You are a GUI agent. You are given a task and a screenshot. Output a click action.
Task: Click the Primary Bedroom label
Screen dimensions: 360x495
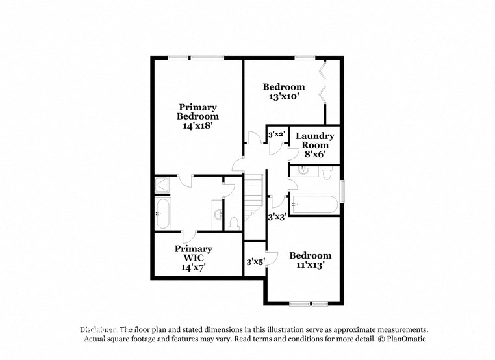[x=198, y=111]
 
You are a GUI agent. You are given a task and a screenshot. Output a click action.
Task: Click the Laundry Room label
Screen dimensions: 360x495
[x=315, y=140]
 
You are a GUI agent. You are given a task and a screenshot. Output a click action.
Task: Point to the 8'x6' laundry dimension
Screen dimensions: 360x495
[x=315, y=155]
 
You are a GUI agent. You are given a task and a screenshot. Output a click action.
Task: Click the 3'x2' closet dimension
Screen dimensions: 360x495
[x=277, y=134]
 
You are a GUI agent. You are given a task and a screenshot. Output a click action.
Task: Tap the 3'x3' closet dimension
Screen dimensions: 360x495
[x=277, y=217]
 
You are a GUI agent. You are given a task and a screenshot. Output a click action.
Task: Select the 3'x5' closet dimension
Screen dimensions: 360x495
[x=255, y=262]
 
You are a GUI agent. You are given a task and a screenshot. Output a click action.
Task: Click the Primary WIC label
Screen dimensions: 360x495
[x=194, y=253]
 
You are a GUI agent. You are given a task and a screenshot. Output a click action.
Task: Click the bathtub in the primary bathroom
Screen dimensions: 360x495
[x=162, y=213]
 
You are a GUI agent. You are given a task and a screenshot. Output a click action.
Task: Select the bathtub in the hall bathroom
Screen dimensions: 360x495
[x=314, y=205]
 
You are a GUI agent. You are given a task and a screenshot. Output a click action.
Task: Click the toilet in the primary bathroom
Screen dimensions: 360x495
[x=235, y=223]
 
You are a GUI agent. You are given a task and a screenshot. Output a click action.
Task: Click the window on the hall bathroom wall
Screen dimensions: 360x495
[x=342, y=191]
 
